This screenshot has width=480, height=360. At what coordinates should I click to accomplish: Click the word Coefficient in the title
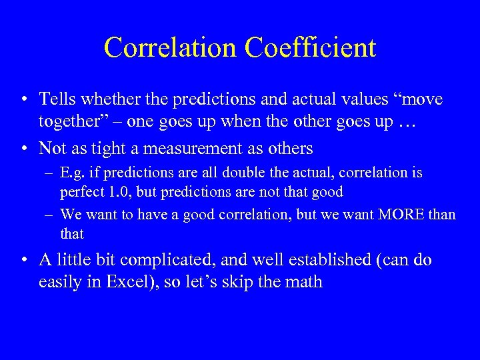tap(311, 47)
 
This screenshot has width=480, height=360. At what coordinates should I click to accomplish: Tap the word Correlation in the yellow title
tap(173, 47)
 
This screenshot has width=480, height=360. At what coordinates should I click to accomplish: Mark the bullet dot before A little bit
tap(24, 260)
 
